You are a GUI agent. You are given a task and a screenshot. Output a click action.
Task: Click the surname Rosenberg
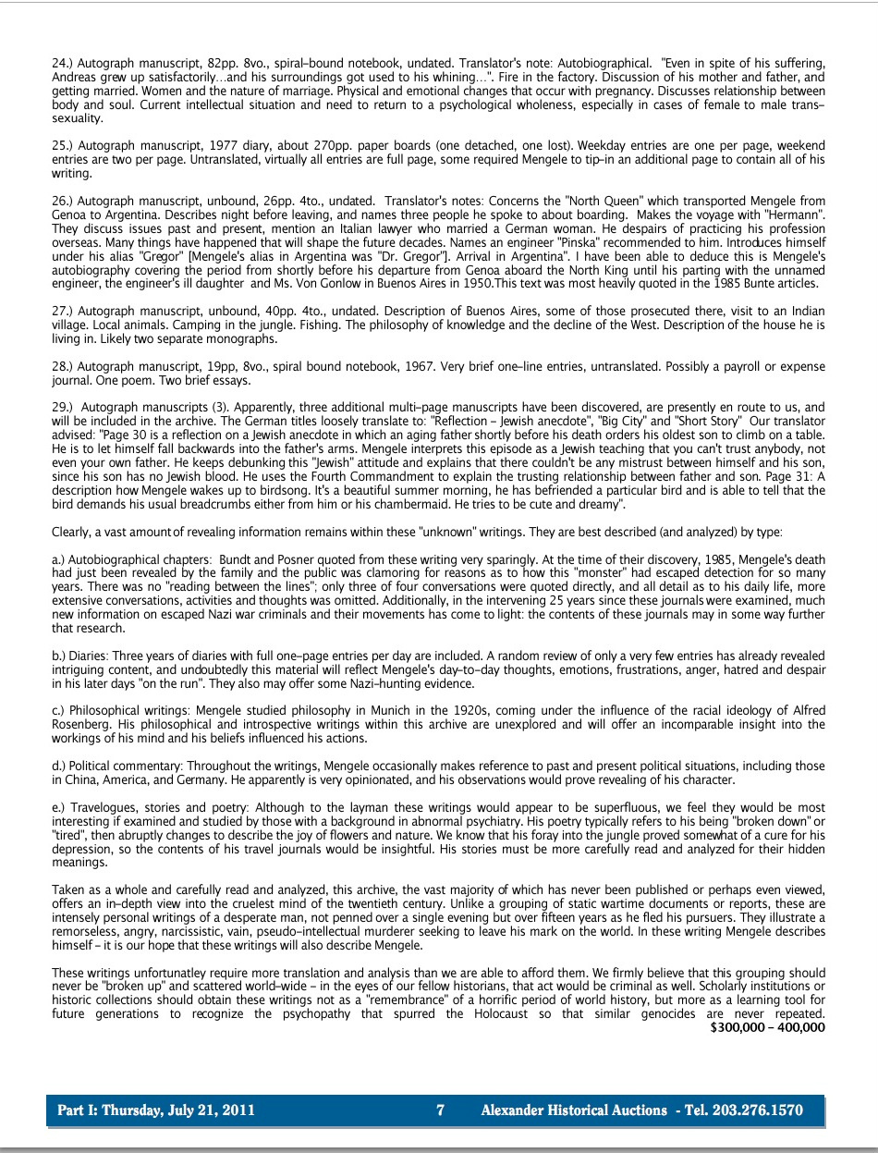[x=83, y=724]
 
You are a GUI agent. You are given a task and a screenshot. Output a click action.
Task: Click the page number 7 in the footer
[x=441, y=1110]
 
